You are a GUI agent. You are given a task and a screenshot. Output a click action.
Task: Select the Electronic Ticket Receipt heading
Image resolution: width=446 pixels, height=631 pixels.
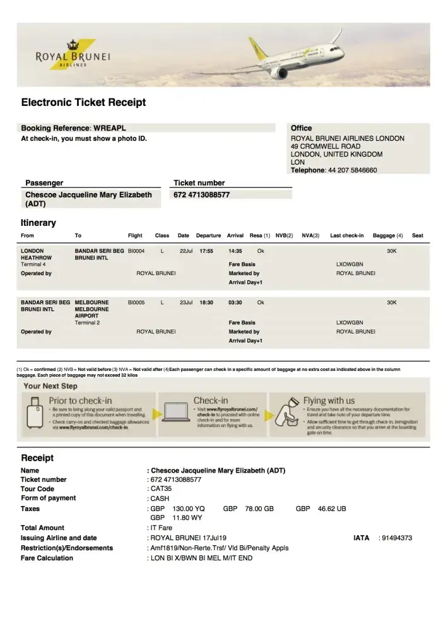83,102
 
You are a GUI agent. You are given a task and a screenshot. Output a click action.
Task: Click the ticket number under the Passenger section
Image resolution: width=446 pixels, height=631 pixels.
201,195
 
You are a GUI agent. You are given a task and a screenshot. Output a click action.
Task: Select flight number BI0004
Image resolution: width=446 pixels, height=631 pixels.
136,251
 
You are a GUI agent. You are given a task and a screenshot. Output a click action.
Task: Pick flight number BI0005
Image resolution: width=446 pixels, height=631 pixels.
136,303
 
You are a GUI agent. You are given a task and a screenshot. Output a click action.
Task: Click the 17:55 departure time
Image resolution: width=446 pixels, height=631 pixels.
206,251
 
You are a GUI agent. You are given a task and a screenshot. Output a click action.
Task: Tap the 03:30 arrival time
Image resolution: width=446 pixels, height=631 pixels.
235,303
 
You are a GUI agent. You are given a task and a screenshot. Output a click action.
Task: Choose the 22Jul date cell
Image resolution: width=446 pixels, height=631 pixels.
185,251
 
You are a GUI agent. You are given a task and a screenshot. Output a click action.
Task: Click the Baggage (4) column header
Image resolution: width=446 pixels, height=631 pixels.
387,235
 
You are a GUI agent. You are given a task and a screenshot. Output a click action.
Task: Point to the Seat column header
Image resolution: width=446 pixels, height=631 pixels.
417,235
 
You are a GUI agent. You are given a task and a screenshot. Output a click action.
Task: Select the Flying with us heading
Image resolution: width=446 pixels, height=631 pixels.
329,401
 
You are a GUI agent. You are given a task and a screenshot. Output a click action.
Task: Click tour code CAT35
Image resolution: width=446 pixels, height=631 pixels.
159,489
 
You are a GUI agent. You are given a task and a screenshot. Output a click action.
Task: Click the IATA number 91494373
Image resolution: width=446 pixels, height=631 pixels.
395,538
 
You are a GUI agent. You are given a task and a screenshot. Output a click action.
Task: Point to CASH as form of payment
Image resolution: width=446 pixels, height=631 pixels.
160,498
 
